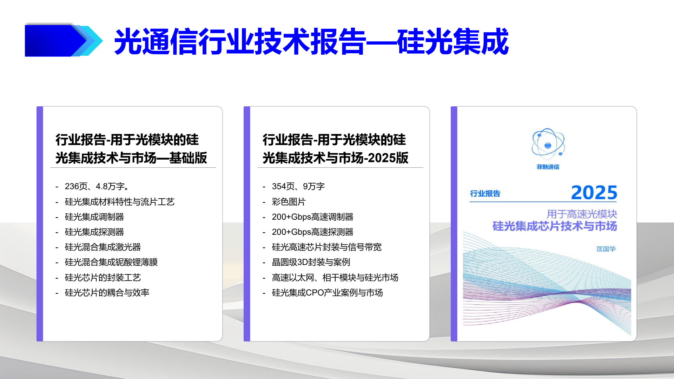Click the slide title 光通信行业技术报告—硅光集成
[311, 42]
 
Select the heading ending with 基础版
[131, 149]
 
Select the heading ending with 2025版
[335, 149]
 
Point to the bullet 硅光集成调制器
[94, 217]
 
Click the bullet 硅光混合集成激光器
[103, 247]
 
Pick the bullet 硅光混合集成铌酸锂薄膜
[111, 262]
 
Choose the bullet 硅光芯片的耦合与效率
[107, 293]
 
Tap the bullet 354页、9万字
[298, 186]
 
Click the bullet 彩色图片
[289, 202]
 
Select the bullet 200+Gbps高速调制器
[312, 217]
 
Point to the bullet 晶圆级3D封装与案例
[311, 262]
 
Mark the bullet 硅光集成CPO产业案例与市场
[327, 293]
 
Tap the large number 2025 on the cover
[594, 193]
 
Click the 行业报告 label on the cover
[485, 194]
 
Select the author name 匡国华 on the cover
[606, 249]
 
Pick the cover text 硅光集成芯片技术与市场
[554, 226]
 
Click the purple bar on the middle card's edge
[247, 224]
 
